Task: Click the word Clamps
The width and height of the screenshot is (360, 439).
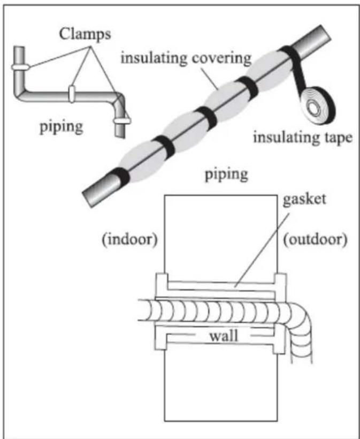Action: coord(85,34)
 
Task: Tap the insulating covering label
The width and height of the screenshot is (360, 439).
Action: coord(186,58)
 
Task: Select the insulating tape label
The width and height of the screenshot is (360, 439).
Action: coord(303,138)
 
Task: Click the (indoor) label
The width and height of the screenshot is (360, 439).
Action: coord(130,240)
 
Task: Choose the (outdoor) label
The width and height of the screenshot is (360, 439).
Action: coord(315,240)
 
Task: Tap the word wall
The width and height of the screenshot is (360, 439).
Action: coord(224,336)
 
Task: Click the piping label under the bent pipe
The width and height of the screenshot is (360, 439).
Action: coord(62,126)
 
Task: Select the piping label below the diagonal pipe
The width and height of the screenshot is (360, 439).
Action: coord(227,174)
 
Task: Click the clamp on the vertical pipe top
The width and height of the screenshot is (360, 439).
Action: coord(20,67)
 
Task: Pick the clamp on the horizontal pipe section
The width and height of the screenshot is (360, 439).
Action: coord(72,94)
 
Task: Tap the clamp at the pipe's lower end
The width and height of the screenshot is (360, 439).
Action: coord(121,121)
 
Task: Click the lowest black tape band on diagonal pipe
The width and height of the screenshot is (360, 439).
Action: coord(119,176)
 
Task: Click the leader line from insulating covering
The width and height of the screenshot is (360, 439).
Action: coord(210,79)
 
